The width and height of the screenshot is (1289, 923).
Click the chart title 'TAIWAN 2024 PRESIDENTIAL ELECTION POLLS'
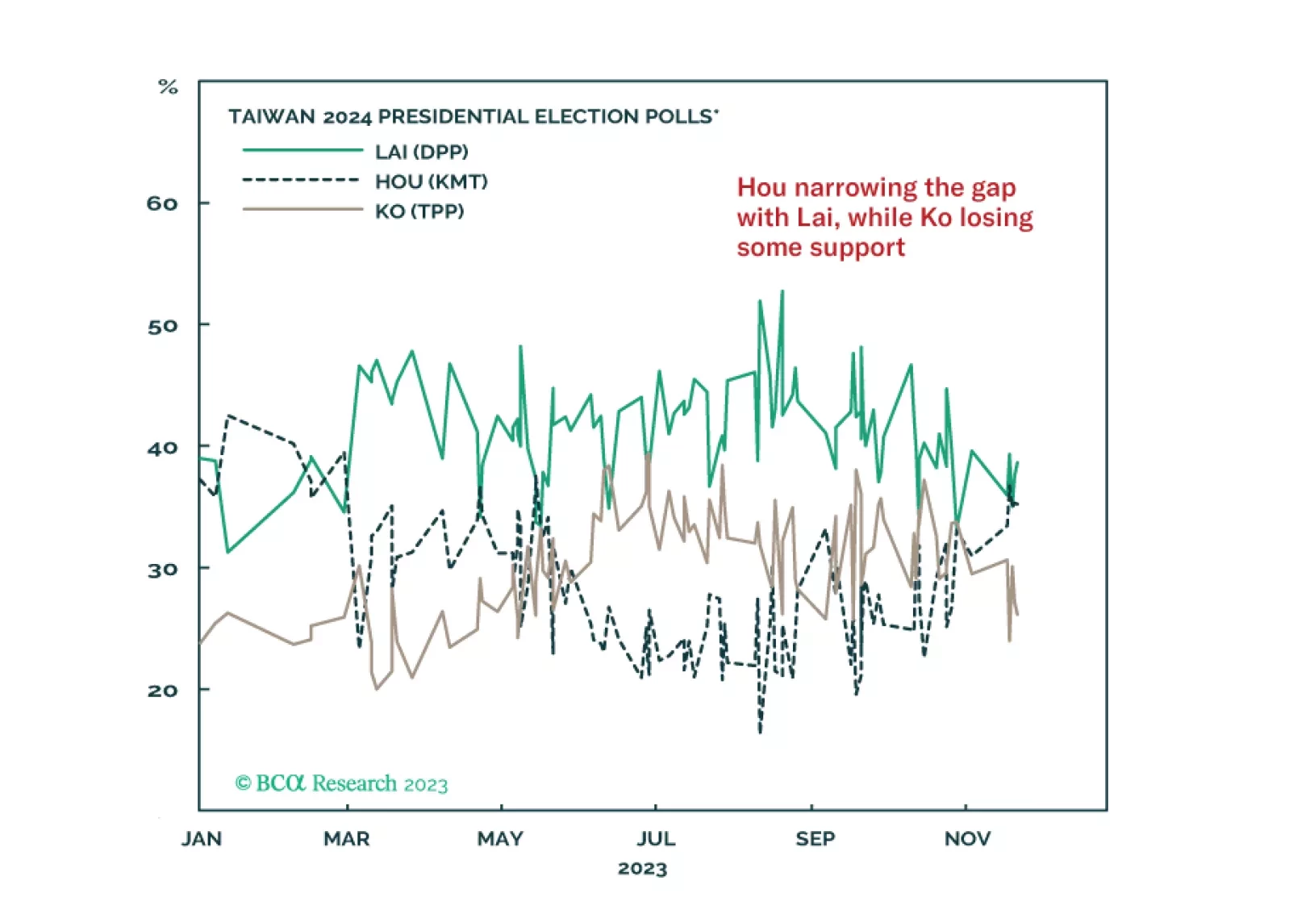click(x=473, y=117)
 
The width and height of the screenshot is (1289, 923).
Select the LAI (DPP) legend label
click(x=421, y=152)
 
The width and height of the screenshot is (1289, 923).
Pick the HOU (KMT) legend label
click(x=431, y=182)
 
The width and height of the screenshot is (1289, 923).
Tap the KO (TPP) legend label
click(x=419, y=211)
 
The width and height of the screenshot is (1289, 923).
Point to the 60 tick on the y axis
click(x=162, y=203)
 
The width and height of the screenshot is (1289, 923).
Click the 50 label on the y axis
click(x=162, y=326)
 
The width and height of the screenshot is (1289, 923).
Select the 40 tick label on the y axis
click(x=162, y=448)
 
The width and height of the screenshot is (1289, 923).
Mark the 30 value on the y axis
click(x=162, y=570)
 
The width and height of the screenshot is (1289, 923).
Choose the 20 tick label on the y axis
click(x=162, y=691)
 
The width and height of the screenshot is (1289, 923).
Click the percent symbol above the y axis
click(x=168, y=87)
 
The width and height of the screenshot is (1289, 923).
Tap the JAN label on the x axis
click(x=201, y=839)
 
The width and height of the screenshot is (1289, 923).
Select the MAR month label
click(x=347, y=839)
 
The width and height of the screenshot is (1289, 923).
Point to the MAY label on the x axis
click(x=500, y=839)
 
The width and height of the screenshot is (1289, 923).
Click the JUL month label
click(x=656, y=839)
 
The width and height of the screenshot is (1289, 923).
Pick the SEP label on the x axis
click(x=815, y=839)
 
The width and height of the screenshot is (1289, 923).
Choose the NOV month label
click(x=967, y=839)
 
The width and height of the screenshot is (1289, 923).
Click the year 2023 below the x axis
click(x=642, y=869)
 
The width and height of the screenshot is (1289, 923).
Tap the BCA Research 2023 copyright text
click(x=341, y=783)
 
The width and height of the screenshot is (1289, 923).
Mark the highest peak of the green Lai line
click(x=782, y=291)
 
